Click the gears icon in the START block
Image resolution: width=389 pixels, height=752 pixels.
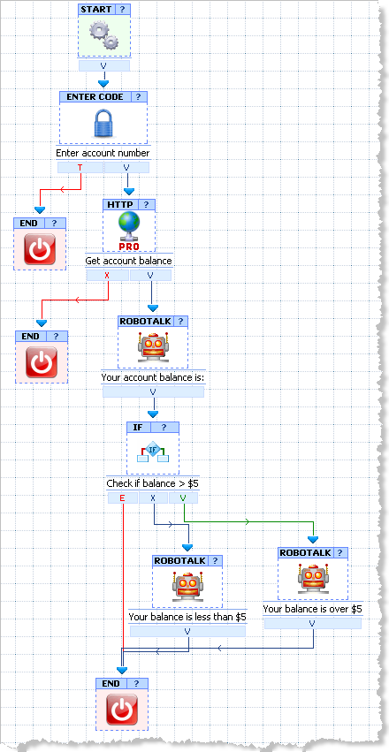point(104,35)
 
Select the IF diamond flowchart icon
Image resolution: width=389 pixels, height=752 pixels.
point(153,452)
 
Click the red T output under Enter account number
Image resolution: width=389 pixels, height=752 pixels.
point(80,167)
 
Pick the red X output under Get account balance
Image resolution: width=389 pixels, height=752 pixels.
point(108,276)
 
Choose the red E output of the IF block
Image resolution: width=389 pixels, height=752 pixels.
point(122,498)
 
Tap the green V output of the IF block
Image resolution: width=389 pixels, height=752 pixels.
point(183,498)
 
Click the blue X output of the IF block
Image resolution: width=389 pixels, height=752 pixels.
point(153,498)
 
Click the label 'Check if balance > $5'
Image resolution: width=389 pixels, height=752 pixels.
point(153,483)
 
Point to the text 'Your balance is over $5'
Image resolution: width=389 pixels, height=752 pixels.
point(312,609)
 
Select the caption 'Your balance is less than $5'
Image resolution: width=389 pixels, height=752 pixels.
point(187,617)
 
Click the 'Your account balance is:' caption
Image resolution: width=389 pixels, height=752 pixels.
point(153,378)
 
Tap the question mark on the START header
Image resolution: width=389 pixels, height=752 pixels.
point(122,10)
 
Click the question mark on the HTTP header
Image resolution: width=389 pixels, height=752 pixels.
point(146,205)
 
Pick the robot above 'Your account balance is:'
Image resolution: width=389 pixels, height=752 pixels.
point(153,347)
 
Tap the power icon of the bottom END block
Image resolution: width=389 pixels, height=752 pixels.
point(122,709)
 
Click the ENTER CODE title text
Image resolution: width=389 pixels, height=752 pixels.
point(95,97)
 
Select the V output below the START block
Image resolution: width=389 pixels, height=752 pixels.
point(104,65)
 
